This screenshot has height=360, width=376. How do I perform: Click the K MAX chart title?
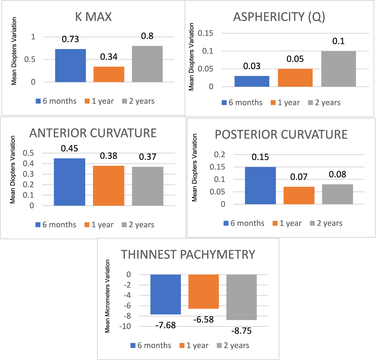[x=94, y=17]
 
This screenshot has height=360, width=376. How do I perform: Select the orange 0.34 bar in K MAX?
[x=109, y=74]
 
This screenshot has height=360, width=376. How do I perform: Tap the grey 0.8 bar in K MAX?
[x=147, y=64]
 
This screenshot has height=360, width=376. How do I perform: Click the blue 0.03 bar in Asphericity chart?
[x=252, y=81]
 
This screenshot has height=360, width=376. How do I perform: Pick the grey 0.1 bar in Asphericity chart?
[x=338, y=69]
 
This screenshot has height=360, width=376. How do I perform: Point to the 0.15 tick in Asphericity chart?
[x=205, y=33]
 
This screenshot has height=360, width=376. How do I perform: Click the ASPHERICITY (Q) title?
[x=279, y=17]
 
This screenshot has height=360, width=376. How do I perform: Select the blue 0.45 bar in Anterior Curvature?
[x=69, y=182]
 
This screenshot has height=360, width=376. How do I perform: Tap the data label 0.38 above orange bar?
[x=109, y=156]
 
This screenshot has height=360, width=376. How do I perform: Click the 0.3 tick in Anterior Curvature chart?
[x=28, y=174]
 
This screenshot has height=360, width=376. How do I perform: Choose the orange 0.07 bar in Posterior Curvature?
[x=299, y=195]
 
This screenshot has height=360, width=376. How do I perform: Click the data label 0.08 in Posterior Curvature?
[x=337, y=175]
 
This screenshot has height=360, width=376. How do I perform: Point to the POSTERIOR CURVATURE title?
[x=281, y=134]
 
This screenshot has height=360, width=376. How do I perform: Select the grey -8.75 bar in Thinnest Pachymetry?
[x=241, y=297]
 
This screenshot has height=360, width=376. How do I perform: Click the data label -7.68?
[x=165, y=325]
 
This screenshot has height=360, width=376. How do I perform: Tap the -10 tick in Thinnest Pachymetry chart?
[x=125, y=326]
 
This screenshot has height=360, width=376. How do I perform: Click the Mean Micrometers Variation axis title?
[x=108, y=296]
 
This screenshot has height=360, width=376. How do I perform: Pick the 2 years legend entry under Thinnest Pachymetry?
[x=233, y=345]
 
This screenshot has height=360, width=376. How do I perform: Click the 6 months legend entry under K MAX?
[x=56, y=101]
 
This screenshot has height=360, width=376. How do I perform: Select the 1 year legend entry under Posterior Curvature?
[x=287, y=223]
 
